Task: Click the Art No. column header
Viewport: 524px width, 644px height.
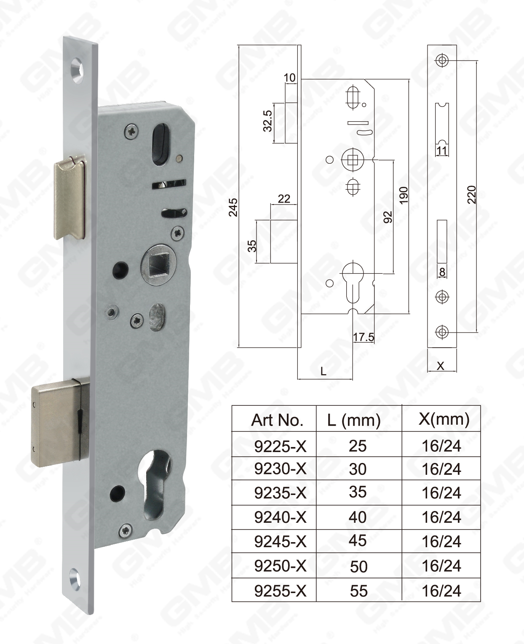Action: coord(277,420)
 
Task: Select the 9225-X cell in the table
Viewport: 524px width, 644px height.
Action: coord(280,446)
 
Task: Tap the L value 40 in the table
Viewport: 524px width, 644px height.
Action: coord(358,517)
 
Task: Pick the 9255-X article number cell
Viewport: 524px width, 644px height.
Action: coord(280,591)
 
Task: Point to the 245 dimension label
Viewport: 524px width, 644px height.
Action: coord(233,207)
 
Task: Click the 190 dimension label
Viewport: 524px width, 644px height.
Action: coord(404,195)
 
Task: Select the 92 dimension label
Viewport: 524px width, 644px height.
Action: coord(388,217)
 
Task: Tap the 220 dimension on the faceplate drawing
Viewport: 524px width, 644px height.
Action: coord(472,194)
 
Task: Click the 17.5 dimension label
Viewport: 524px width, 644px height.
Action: coord(363,337)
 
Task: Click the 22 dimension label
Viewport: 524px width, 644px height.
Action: coord(284,198)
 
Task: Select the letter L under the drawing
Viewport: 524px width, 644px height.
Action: coord(323,372)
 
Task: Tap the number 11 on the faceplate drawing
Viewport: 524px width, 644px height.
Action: coord(441,151)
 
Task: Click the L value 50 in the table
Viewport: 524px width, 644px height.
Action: coord(358,567)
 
